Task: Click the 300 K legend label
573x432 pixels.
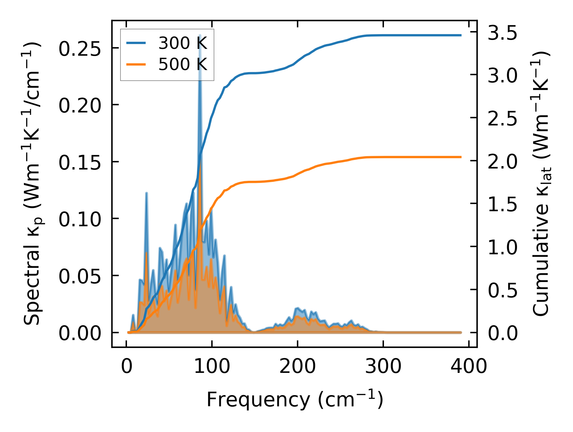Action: pos(183,43)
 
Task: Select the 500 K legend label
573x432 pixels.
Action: pos(183,64)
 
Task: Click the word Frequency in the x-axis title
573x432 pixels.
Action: pos(257,400)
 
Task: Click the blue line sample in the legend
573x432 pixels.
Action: pos(137,43)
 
